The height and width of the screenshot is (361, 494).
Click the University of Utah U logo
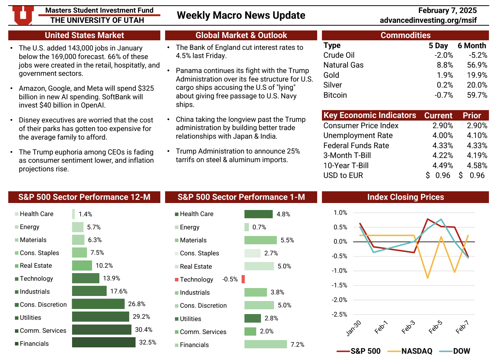click(x=23, y=15)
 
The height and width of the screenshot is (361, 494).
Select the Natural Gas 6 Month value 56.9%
click(x=477, y=65)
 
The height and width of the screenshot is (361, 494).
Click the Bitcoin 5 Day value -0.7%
click(x=444, y=95)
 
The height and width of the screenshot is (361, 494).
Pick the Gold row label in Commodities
click(x=331, y=75)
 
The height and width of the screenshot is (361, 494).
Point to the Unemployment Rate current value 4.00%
click(x=443, y=135)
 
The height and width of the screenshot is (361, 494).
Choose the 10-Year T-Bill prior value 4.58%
click(x=477, y=166)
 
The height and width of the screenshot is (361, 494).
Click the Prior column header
click(x=472, y=115)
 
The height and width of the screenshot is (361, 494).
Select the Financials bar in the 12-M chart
click(x=103, y=342)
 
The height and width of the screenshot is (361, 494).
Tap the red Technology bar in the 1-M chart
click(x=243, y=279)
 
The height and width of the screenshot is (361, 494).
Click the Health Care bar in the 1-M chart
click(x=258, y=214)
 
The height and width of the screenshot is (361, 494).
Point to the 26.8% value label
click(x=137, y=304)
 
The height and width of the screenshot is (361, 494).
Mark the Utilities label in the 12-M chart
click(x=30, y=318)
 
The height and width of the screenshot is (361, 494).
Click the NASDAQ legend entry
click(x=416, y=351)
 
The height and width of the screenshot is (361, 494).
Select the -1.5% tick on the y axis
click(x=339, y=285)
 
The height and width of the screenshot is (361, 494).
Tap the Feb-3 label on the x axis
click(x=408, y=327)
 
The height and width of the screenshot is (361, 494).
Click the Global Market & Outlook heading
click(x=241, y=35)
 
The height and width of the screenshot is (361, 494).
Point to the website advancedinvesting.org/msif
click(x=428, y=20)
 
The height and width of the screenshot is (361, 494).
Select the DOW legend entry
click(x=461, y=351)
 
